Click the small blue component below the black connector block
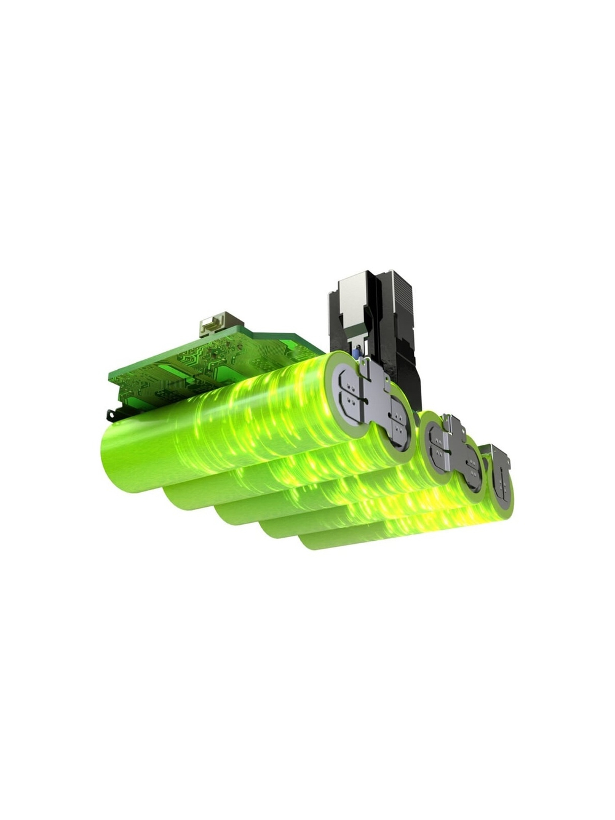point(355,353)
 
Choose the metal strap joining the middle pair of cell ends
point(455,446)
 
